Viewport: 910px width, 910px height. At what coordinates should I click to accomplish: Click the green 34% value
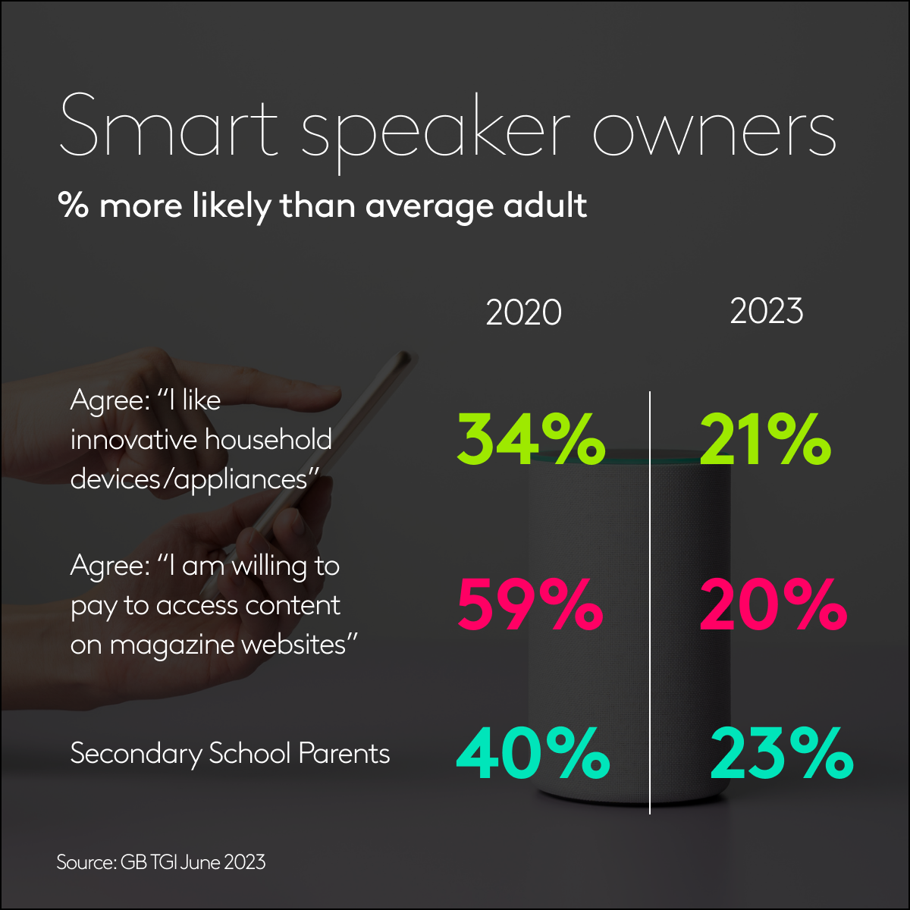pos(530,441)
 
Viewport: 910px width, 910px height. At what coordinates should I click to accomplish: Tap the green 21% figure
pos(764,441)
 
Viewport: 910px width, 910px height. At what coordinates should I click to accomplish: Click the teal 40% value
pos(532,754)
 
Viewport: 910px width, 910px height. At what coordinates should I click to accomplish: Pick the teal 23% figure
pos(781,754)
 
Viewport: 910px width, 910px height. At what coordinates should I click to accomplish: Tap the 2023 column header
pos(766,311)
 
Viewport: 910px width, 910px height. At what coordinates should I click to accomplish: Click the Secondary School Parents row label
pos(230,754)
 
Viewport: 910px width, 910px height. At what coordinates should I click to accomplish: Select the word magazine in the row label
pos(172,645)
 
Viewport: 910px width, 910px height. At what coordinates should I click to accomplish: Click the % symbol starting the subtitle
pos(74,206)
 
